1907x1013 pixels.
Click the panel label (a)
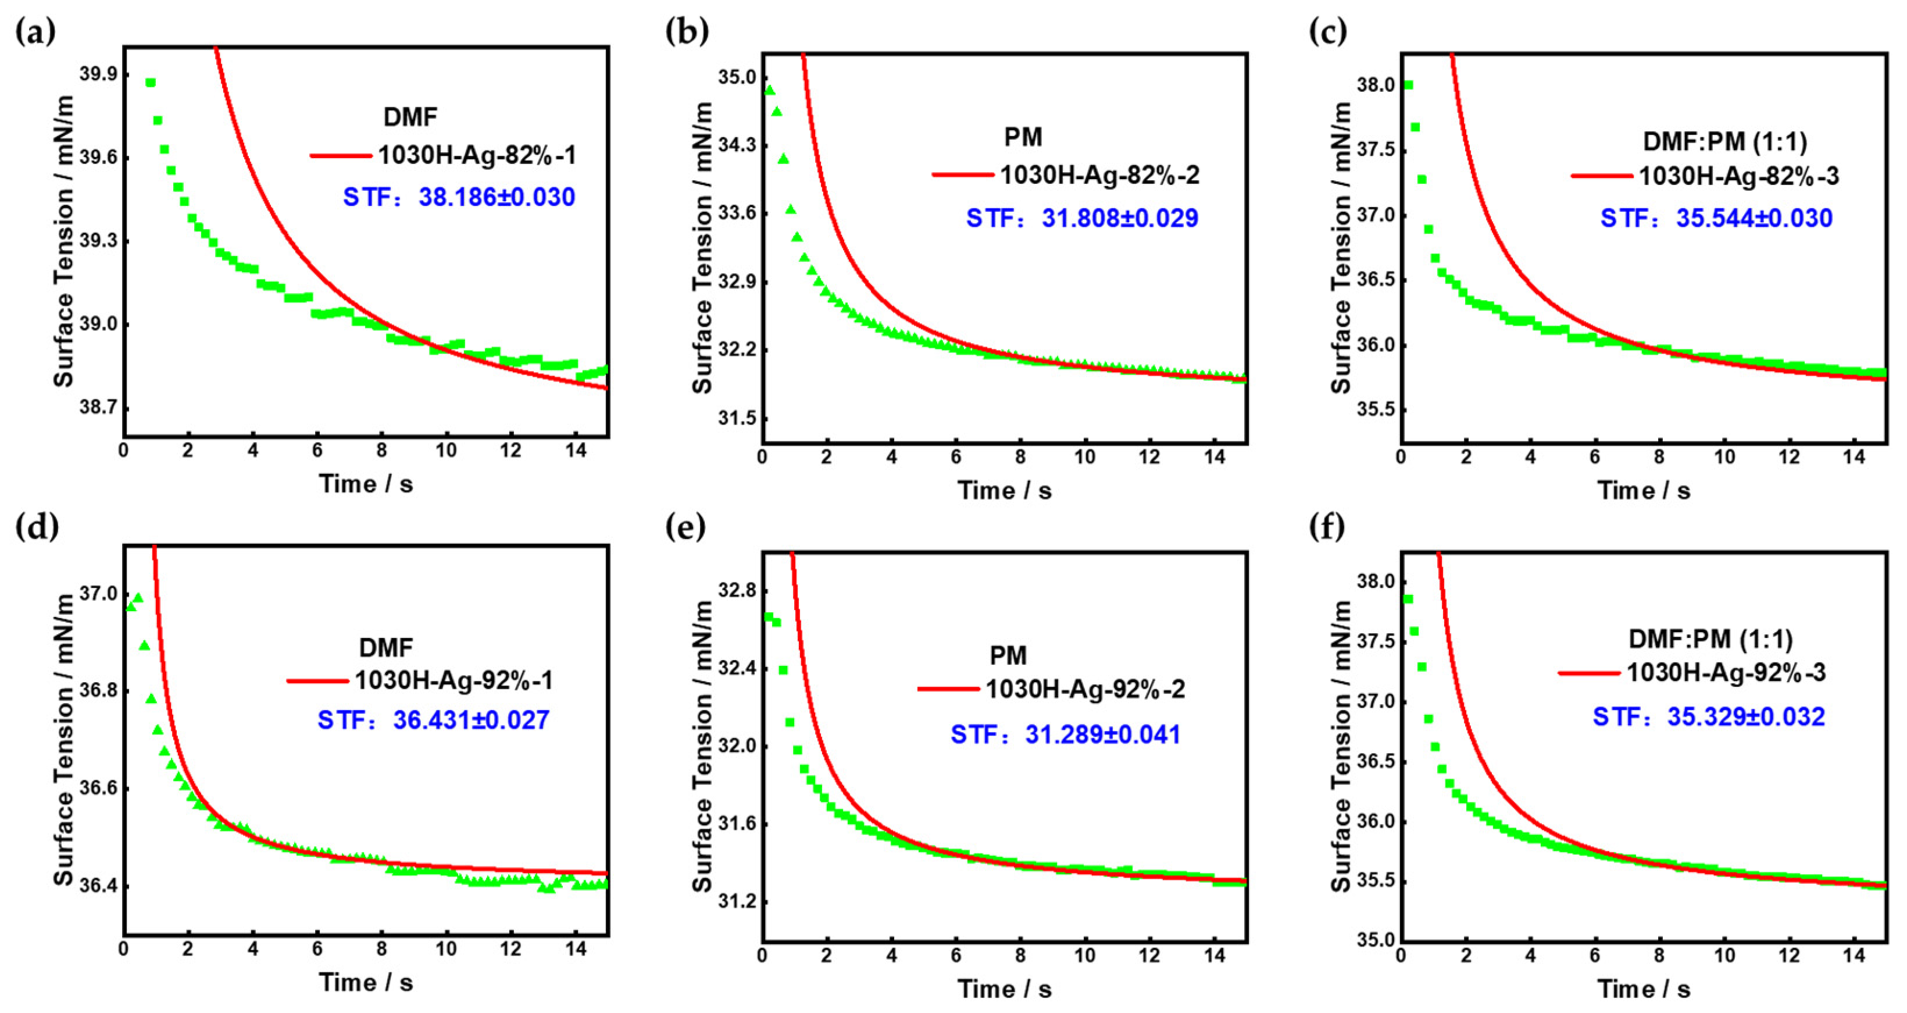tap(35, 33)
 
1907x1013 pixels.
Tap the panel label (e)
tap(685, 527)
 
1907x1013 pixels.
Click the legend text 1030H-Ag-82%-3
tap(1738, 176)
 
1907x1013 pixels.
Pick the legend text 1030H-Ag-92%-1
tap(454, 680)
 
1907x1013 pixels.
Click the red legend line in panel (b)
tap(962, 175)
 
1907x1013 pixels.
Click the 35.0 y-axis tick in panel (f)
tap(1374, 941)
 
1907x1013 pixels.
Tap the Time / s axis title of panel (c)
tap(1644, 490)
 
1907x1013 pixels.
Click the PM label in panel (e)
tap(1008, 655)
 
